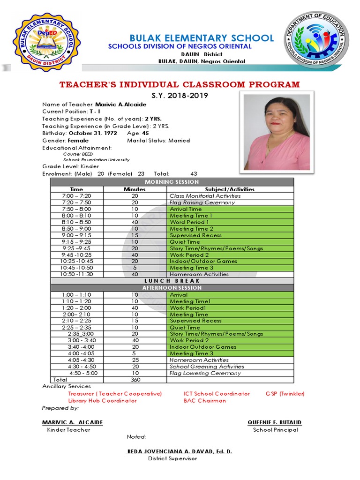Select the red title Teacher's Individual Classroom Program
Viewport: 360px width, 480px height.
[179, 84]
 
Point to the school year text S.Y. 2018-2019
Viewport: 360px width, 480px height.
[180, 96]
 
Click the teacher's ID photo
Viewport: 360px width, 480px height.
[277, 131]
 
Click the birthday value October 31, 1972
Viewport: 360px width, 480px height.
[93, 133]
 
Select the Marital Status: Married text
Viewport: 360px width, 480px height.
[158, 140]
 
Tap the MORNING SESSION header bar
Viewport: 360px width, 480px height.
[172, 182]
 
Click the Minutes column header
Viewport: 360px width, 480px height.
[135, 189]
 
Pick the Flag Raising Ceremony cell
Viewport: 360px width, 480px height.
[202, 202]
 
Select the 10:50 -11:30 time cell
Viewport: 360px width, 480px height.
[77, 274]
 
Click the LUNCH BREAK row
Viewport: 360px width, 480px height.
[172, 281]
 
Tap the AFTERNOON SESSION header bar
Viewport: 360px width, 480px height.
[172, 288]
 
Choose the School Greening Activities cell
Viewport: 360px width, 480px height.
[207, 367]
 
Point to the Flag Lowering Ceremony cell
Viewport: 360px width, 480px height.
[205, 373]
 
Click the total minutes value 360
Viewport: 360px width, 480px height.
[135, 380]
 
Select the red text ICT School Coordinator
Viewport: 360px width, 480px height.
[217, 394]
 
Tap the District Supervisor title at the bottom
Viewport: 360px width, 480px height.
[172, 458]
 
